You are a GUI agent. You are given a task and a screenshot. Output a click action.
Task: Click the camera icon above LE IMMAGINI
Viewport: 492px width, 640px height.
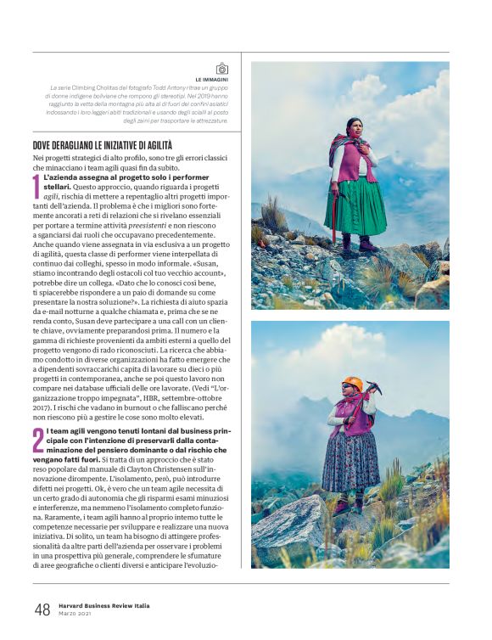pyautogui.click(x=221, y=69)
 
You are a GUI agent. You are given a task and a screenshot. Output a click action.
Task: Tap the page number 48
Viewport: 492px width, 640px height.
pyautogui.click(x=42, y=609)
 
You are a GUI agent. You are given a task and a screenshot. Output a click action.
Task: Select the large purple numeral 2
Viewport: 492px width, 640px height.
pyautogui.click(x=37, y=441)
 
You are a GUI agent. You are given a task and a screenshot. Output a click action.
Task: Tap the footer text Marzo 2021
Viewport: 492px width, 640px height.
pyautogui.click(x=75, y=614)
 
